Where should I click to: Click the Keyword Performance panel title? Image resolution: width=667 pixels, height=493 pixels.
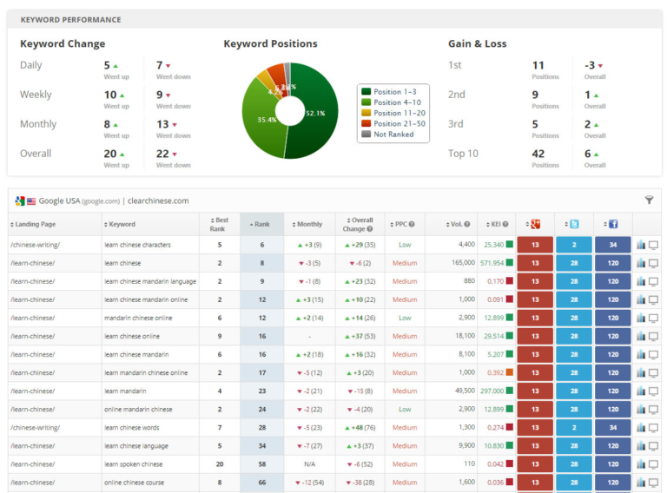70,19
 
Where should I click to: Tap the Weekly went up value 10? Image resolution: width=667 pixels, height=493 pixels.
110,95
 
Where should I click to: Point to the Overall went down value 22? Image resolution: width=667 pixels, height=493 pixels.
162,154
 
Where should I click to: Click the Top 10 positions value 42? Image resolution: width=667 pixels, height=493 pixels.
538,154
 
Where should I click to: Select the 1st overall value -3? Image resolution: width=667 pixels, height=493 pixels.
590,65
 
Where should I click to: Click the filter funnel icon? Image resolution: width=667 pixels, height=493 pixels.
649,200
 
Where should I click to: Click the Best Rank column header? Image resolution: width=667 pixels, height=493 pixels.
219,224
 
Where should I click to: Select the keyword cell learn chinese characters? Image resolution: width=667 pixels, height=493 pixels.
137,245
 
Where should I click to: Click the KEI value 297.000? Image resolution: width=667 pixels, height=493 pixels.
492,391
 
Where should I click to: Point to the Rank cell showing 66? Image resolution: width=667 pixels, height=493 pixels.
261,483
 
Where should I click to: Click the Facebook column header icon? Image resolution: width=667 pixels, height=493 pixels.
613,224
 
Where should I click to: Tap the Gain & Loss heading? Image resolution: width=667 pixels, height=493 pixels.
477,43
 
